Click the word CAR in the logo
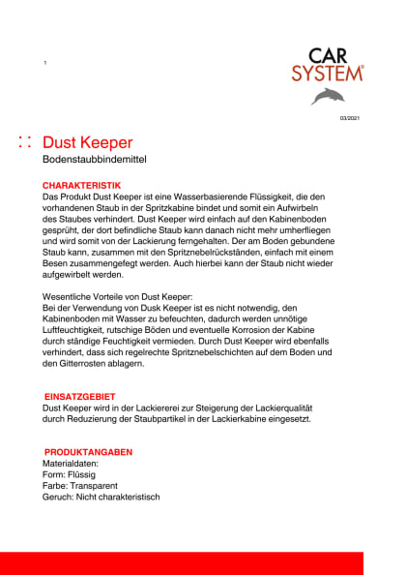tap(329, 56)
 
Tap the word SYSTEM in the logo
tap(328, 73)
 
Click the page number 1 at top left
tap(44, 63)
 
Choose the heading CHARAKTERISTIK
tap(82, 185)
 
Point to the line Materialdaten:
tap(72, 464)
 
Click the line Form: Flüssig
tap(76, 475)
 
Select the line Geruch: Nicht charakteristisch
tap(101, 498)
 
